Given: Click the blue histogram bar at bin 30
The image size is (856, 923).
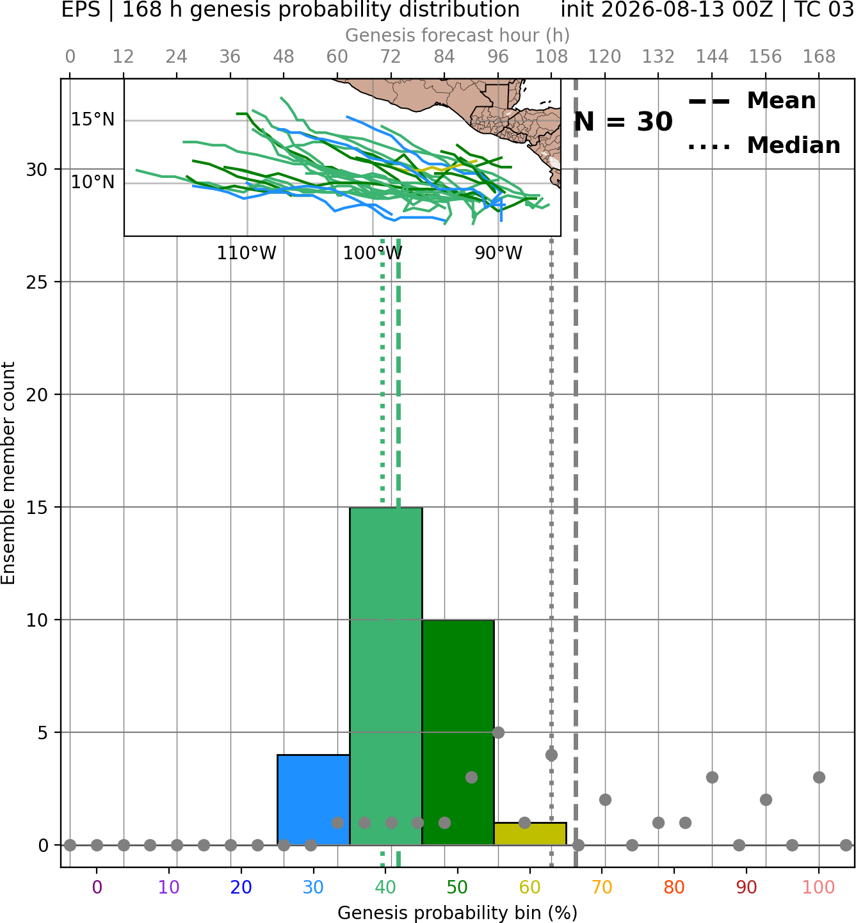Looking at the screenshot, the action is (313, 799).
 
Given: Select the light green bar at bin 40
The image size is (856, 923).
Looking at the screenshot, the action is (386, 676).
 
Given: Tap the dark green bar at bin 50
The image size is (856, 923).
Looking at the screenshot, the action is (458, 732).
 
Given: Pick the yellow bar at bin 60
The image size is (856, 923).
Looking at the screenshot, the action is (530, 833).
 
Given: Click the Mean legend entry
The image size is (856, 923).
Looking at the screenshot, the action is (752, 101).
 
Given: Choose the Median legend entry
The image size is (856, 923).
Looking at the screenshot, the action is (764, 145).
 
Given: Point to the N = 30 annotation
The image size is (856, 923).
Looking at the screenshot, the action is (623, 122).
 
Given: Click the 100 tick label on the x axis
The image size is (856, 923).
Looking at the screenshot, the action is (819, 887).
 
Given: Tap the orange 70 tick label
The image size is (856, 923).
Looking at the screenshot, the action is (602, 887).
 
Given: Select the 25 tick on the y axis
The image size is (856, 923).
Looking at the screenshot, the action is (36, 282).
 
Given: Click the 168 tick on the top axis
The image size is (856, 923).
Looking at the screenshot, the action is (820, 57).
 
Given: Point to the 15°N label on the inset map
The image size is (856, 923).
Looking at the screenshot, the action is (93, 120).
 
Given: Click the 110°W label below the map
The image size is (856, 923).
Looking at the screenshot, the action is (246, 253).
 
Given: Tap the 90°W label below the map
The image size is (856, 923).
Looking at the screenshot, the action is (499, 253).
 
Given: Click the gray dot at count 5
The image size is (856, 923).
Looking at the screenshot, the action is (498, 732).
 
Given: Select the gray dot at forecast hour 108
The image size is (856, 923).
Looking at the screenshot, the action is (551, 755).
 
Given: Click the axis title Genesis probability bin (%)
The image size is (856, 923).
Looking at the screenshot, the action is (458, 913).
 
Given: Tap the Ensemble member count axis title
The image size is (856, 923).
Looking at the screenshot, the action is (8, 473).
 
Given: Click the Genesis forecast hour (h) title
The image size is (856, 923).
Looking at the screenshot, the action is (458, 35).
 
